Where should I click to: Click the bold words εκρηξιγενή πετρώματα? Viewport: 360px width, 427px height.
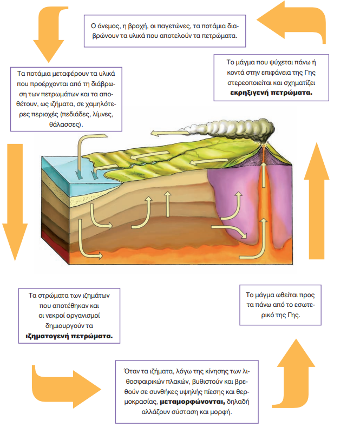pyautogui.click(x=272, y=93)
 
